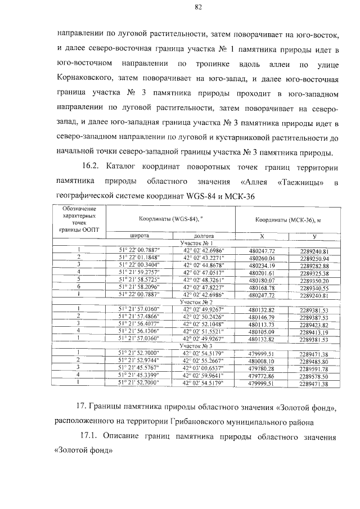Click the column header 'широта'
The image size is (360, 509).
[x=139, y=236]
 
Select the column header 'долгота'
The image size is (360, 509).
[x=203, y=236]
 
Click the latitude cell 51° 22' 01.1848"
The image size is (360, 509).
[x=139, y=258]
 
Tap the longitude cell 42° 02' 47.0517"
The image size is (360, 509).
[x=203, y=272]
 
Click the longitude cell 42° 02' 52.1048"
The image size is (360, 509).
[x=203, y=325]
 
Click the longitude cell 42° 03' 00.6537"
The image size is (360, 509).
[x=203, y=368]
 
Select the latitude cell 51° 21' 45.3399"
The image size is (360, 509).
[x=139, y=376]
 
